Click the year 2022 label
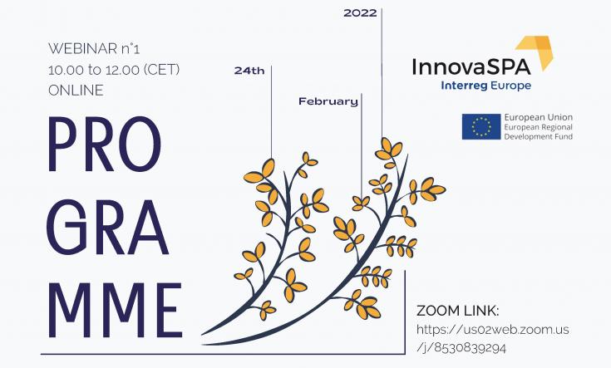coord(360,13)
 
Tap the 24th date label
coord(249,71)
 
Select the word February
coord(328,101)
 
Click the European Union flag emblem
coord(481,126)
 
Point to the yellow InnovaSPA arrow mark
coord(537,52)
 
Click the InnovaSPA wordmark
coord(471,66)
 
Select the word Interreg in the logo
coord(464,86)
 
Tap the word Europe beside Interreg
coord(510,86)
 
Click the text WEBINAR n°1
coord(94,49)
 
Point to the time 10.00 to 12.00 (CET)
coord(114,70)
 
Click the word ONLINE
coord(76,91)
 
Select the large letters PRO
coord(105,144)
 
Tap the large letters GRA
coord(108,228)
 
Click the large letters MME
coord(116,311)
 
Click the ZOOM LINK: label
coord(458,312)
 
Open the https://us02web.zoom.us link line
coord(492,330)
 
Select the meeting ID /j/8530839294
coord(461,347)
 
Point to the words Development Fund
coord(538,137)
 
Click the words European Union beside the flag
coord(538,117)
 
